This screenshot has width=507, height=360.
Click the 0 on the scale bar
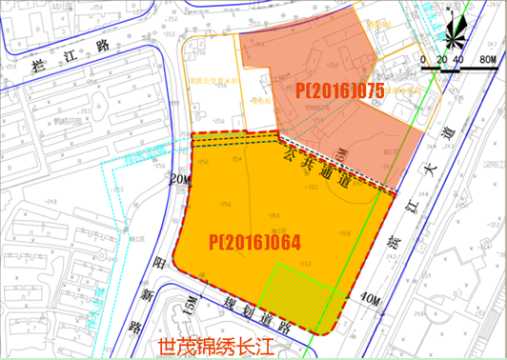[x=423, y=59]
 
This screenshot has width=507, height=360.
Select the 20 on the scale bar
[x=441, y=59]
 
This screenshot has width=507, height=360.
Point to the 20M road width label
[x=180, y=179]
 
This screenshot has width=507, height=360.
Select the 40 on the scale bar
[x=459, y=59]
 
